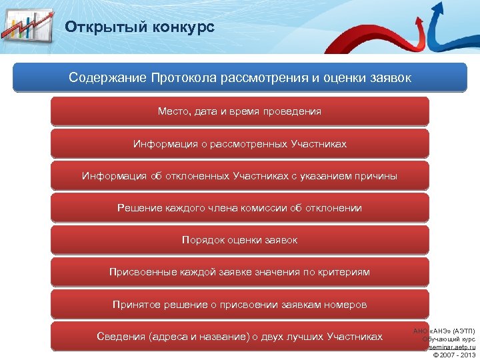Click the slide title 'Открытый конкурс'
click(x=139, y=27)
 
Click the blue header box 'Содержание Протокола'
click(x=240, y=78)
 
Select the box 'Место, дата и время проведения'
click(x=240, y=111)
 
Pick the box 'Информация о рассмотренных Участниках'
click(x=240, y=143)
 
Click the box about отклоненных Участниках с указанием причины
click(x=240, y=176)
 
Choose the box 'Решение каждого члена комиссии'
click(x=240, y=208)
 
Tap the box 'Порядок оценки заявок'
click(x=240, y=240)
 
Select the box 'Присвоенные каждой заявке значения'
click(x=240, y=272)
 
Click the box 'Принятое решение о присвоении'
click(x=240, y=305)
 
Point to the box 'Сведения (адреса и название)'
click(x=240, y=337)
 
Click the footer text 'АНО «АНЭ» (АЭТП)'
click(x=444, y=331)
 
